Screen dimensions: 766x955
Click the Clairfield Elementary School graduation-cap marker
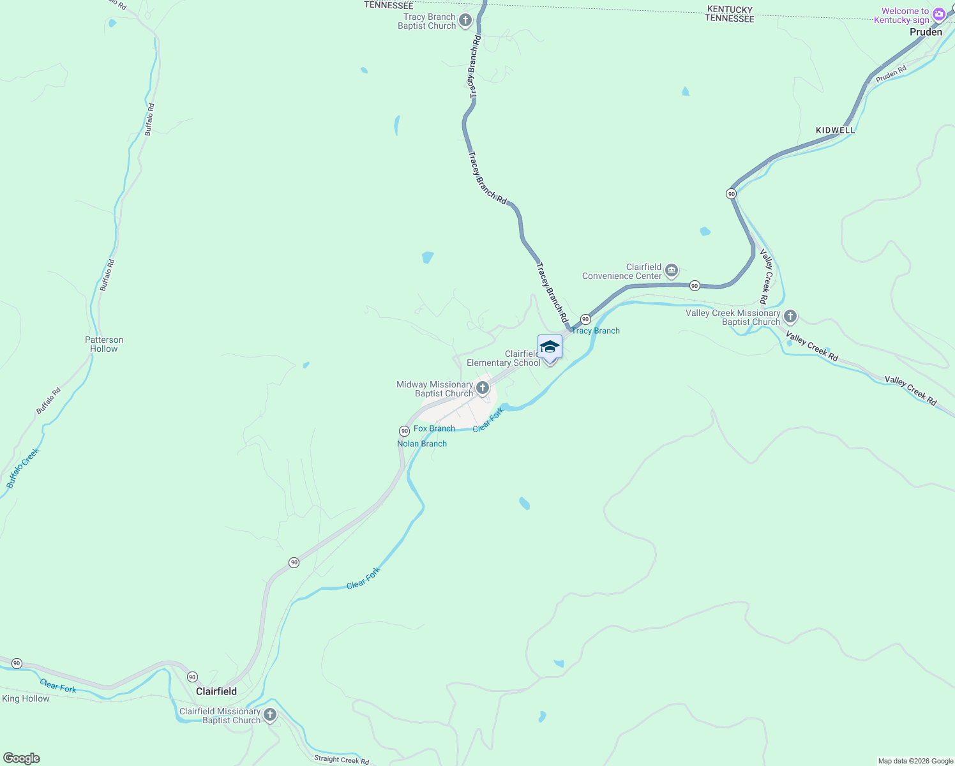point(550,347)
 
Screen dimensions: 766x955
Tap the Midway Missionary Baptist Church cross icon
point(483,387)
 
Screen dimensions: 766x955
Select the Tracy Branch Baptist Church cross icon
point(465,20)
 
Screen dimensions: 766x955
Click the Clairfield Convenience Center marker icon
point(672,271)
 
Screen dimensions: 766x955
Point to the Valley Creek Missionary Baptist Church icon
point(790,317)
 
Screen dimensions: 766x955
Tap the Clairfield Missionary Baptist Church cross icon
point(270,715)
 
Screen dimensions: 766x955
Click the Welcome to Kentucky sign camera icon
point(939,14)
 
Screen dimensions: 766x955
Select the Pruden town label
point(926,32)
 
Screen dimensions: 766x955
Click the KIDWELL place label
point(835,130)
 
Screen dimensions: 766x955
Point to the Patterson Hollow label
point(104,345)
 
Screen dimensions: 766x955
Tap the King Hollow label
point(26,699)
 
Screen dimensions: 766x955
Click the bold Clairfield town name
point(216,691)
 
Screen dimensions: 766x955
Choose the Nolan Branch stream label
point(422,444)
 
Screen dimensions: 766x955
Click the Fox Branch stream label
point(434,428)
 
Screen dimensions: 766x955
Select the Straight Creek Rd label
point(342,760)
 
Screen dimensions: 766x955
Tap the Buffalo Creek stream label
point(23,468)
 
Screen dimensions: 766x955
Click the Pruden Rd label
point(891,75)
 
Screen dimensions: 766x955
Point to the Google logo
point(22,758)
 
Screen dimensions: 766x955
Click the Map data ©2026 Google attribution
point(915,761)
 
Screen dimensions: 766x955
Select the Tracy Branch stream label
point(596,331)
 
